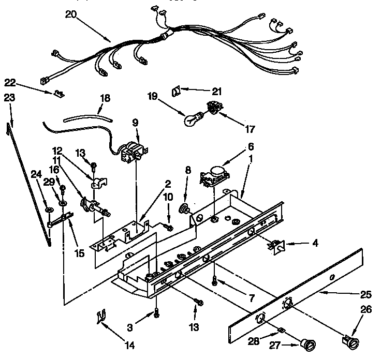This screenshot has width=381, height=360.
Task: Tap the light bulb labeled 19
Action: click(191, 119)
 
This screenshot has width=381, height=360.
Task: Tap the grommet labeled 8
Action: click(183, 209)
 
